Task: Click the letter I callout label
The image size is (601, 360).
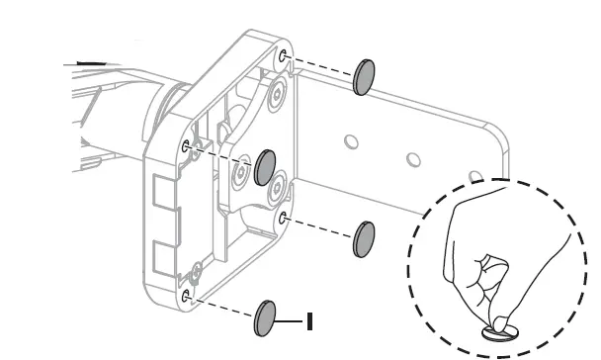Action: [x=309, y=321]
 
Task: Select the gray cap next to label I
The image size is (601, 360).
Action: [x=265, y=318]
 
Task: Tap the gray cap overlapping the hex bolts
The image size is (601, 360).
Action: [x=265, y=167]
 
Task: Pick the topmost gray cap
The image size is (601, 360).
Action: [x=364, y=77]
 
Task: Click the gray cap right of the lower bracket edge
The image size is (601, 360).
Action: [x=364, y=239]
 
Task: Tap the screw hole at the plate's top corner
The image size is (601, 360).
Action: [x=283, y=56]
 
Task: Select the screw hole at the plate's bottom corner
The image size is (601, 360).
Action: [x=186, y=296]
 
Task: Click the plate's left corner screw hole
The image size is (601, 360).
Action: [x=186, y=146]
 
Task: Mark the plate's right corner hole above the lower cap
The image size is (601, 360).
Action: [x=283, y=219]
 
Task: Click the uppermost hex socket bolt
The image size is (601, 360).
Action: [x=277, y=93]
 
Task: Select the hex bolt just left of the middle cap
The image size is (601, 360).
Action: [x=240, y=172]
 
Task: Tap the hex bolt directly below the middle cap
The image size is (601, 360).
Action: [x=277, y=188]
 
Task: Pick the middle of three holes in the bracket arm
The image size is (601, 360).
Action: [x=413, y=159]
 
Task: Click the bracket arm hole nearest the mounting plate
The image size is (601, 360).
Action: [x=351, y=141]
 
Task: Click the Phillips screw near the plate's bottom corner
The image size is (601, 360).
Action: [x=197, y=272]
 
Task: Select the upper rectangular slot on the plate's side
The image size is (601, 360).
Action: [x=165, y=191]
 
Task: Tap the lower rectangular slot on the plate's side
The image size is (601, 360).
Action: [x=165, y=259]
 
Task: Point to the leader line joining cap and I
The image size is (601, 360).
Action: [x=289, y=320]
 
